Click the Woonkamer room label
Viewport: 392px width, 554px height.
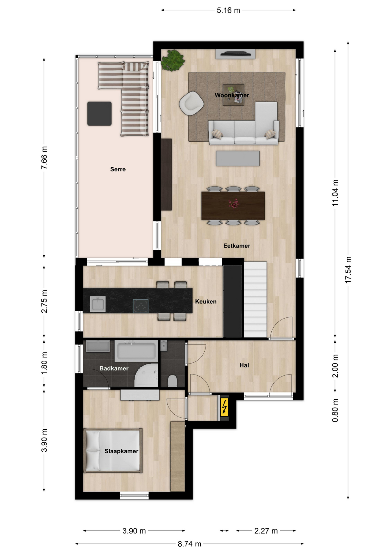[232, 95]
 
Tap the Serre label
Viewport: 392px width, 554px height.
[118, 169]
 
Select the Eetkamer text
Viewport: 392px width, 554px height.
[237, 246]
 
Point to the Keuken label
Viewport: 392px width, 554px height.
[206, 302]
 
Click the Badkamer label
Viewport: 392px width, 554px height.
[114, 368]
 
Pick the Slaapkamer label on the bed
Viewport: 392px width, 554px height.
[121, 451]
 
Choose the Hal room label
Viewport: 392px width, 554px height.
[244, 365]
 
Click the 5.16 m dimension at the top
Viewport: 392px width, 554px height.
[228, 10]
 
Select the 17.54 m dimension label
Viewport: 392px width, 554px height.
[348, 270]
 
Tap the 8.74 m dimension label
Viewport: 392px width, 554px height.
[189, 544]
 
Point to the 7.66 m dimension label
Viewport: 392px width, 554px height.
[44, 158]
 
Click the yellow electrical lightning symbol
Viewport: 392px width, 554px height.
[224, 407]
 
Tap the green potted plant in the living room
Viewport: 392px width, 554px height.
[173, 60]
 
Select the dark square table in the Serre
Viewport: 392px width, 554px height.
[100, 113]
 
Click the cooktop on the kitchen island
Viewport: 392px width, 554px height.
[141, 306]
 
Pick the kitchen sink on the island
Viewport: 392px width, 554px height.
[98, 304]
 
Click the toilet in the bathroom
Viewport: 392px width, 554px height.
[172, 381]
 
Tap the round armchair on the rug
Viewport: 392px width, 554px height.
[191, 103]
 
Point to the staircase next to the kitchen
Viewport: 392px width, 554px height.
[255, 300]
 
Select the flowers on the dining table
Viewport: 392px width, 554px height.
[234, 203]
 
